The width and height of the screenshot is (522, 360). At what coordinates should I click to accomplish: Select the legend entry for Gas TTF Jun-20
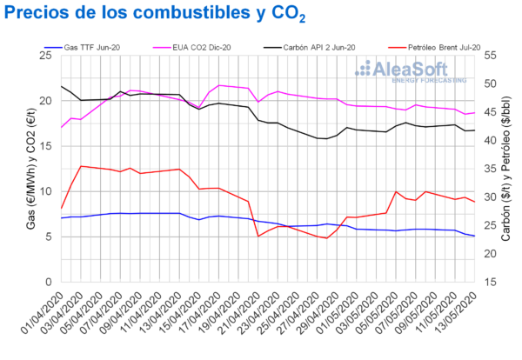(87, 45)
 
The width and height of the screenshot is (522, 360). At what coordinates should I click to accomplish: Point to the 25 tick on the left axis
(48, 56)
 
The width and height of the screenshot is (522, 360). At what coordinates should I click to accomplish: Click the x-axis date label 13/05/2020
(455, 317)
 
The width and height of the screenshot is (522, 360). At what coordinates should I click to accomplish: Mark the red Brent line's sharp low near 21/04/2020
(258, 236)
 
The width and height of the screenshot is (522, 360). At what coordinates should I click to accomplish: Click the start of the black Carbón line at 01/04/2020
(62, 87)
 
